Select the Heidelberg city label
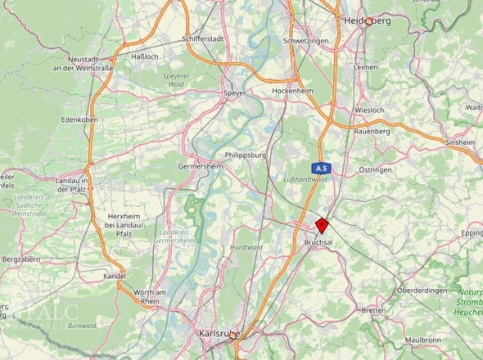pyautogui.click(x=367, y=20)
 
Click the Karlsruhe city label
pyautogui.click(x=220, y=334)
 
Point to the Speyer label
pyautogui.click(x=234, y=93)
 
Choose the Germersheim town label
pyautogui.click(x=201, y=165)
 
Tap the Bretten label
pyautogui.click(x=373, y=311)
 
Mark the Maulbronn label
pyautogui.click(x=423, y=338)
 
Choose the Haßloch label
pyautogui.click(x=144, y=56)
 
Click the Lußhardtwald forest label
pyautogui.click(x=305, y=178)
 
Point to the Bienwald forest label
pyautogui.click(x=82, y=325)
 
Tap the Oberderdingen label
pyautogui.click(x=423, y=290)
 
